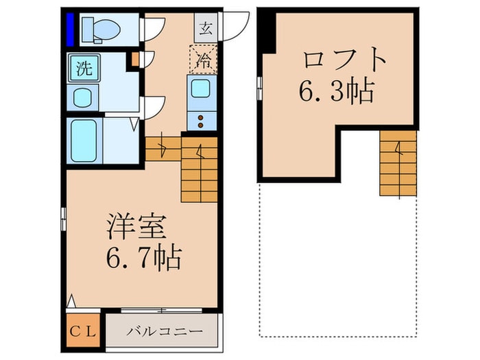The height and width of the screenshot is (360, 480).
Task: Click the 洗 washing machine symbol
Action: point(84,69)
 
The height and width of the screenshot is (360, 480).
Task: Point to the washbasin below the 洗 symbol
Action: point(83,97)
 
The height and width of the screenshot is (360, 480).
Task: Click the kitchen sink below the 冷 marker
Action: point(202,88)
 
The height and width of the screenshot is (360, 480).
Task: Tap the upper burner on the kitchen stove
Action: point(202,117)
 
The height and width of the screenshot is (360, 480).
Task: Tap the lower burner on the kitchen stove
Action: point(202,126)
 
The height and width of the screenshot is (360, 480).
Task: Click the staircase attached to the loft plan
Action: point(398,163)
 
